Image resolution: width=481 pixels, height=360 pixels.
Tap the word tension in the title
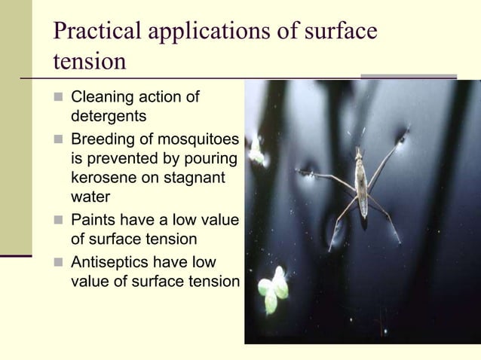(90, 62)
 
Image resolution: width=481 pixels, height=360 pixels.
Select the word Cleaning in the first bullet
(99, 98)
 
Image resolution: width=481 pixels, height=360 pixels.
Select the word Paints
(91, 221)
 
